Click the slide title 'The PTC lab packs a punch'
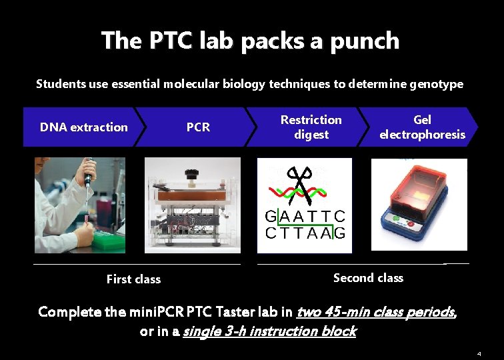250,41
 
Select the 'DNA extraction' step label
83,127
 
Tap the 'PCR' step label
198,127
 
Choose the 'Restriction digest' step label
311,127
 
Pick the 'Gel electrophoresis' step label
422,127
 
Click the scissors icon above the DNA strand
300,182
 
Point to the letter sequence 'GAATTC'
305,217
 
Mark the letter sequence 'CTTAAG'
305,233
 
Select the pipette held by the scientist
87,177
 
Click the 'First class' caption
133,279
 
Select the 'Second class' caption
368,278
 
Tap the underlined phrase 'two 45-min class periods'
375,312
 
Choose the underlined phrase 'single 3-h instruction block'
269,331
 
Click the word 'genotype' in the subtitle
437,84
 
